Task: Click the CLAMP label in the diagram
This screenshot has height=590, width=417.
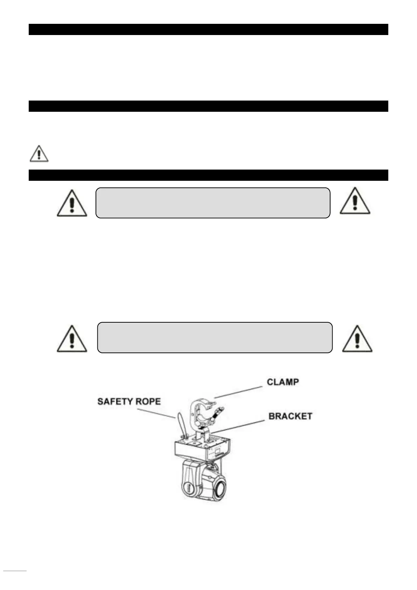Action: pos(283,382)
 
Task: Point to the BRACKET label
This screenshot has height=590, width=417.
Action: pos(290,416)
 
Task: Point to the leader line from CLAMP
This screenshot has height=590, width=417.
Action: pos(238,392)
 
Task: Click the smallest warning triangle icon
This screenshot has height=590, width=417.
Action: pos(39,154)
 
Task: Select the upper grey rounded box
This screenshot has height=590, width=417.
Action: pos(213,203)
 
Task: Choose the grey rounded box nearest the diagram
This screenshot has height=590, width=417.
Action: pos(215,337)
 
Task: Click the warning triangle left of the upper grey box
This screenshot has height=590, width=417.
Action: pos(72,204)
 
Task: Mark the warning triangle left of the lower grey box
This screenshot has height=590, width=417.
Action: pos(72,339)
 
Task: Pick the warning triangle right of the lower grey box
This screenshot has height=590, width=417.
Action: pos(357,339)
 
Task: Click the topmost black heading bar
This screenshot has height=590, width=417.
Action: pos(208,29)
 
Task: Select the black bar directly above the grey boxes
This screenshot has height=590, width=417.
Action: pos(208,175)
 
